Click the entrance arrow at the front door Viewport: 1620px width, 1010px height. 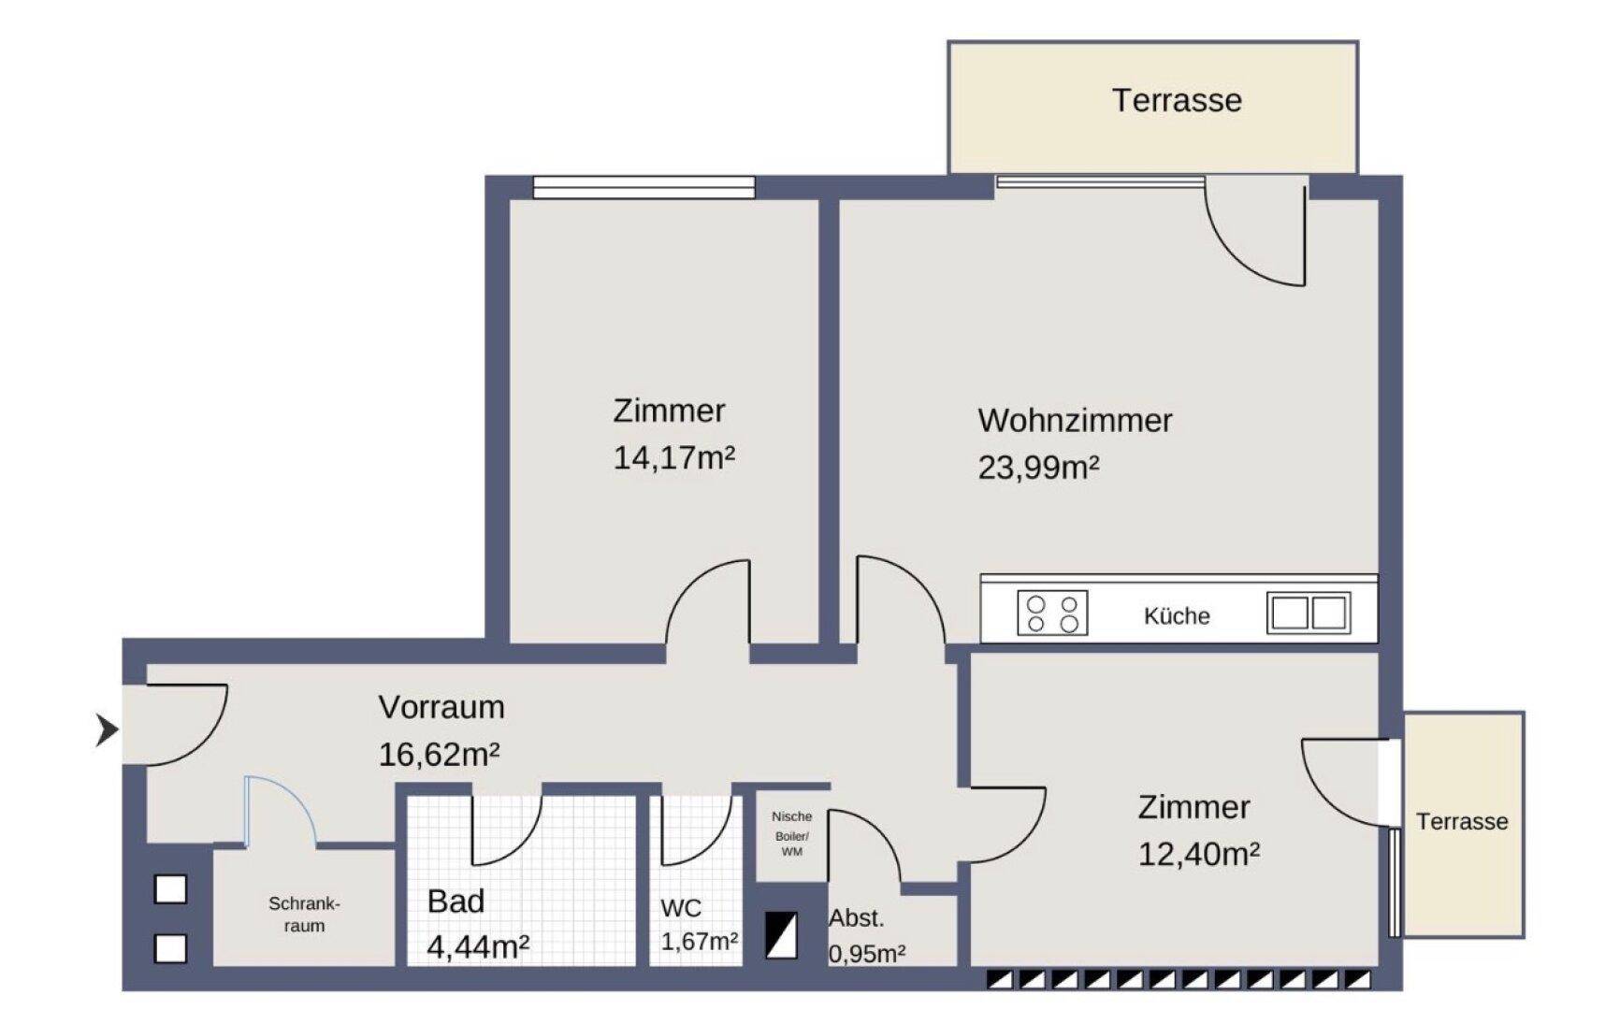[x=108, y=729]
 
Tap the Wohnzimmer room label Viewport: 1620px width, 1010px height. [x=1075, y=421]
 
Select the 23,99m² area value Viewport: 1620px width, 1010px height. [x=1038, y=467]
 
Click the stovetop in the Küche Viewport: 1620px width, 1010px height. [x=1052, y=613]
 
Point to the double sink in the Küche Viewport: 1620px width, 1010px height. [x=1309, y=613]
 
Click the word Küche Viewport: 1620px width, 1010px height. [x=1177, y=616]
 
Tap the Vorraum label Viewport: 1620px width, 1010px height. [x=441, y=707]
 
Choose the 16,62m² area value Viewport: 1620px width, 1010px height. [x=439, y=754]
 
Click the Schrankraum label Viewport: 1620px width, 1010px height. [x=304, y=915]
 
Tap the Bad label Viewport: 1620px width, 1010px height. [x=456, y=902]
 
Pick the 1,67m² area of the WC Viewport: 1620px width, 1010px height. [x=700, y=941]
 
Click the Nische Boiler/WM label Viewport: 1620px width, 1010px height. [x=791, y=833]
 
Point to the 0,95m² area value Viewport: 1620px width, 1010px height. [x=867, y=954]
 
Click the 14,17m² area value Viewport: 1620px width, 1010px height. [x=673, y=458]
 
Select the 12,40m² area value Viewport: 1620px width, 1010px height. [x=1198, y=854]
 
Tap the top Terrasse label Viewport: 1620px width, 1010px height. [x=1177, y=100]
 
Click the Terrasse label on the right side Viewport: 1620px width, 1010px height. [x=1462, y=822]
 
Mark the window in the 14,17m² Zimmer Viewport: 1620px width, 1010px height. [x=644, y=187]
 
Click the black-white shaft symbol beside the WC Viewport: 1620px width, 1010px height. [x=781, y=935]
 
